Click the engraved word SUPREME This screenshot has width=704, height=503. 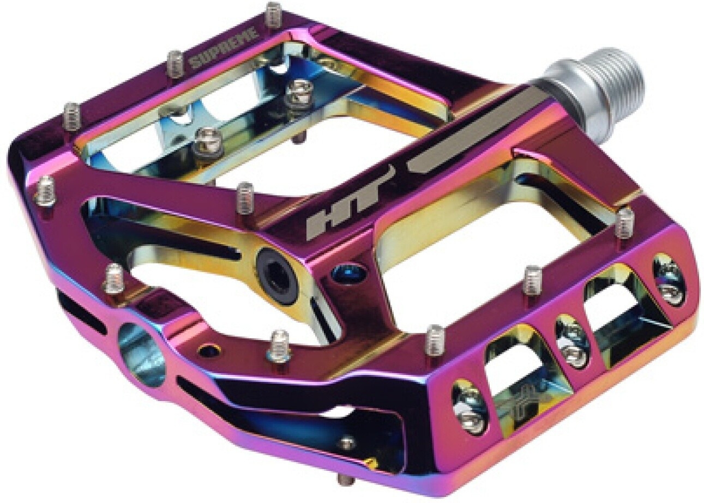pyautogui.click(x=224, y=49)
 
